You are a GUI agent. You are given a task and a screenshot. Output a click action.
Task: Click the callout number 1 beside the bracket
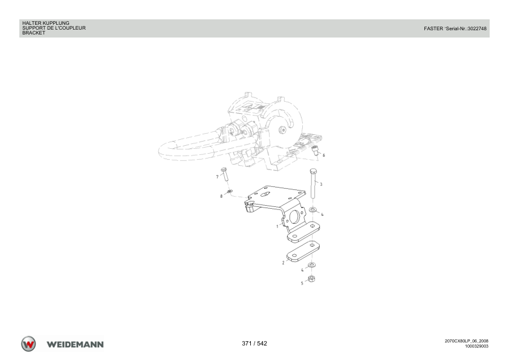(277, 226)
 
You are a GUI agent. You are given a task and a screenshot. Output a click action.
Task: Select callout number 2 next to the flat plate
(283, 263)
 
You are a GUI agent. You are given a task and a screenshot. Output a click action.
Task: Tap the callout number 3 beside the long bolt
(321, 184)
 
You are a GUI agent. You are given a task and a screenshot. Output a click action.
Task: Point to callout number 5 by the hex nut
(302, 283)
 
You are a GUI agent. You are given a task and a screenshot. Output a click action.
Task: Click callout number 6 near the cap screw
(323, 155)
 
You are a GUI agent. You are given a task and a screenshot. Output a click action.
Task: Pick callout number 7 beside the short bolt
(217, 177)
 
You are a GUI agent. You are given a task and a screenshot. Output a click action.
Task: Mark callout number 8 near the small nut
(221, 196)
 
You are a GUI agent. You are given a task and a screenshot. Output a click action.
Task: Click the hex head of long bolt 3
(313, 171)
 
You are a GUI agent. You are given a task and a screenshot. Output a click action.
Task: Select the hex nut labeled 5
(311, 278)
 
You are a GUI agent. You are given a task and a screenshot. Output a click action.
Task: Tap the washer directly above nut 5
(311, 265)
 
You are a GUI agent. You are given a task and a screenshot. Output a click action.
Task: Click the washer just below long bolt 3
(313, 209)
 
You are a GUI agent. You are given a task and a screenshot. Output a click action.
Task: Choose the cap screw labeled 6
(314, 151)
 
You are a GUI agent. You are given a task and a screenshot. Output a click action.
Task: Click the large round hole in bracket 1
(295, 217)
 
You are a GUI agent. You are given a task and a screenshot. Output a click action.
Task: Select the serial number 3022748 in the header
(476, 28)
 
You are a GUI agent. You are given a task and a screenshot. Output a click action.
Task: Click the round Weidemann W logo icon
(28, 344)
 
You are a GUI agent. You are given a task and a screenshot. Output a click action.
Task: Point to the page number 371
(247, 344)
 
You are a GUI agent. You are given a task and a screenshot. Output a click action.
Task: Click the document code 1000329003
(476, 346)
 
